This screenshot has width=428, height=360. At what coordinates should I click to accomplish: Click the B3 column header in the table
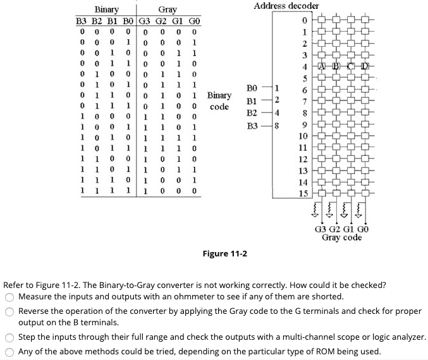point(81,21)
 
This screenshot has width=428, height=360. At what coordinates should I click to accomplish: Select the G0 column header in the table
point(195,21)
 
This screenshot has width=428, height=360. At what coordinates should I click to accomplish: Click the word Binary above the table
point(106,9)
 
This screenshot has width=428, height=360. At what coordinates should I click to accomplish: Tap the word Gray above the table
point(168,9)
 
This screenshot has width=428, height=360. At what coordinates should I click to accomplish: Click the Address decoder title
point(286,6)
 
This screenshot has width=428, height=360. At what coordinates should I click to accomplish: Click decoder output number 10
point(303,136)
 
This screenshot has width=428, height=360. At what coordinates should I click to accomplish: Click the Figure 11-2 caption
point(224,253)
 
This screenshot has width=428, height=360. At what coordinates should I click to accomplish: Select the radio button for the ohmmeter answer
point(9,297)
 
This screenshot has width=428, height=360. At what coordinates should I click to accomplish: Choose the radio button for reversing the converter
point(9,312)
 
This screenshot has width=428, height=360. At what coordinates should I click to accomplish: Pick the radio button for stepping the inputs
point(9,338)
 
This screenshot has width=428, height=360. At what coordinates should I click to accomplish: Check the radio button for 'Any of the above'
point(9,351)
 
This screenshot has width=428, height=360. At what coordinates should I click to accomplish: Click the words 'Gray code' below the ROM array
point(341,237)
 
